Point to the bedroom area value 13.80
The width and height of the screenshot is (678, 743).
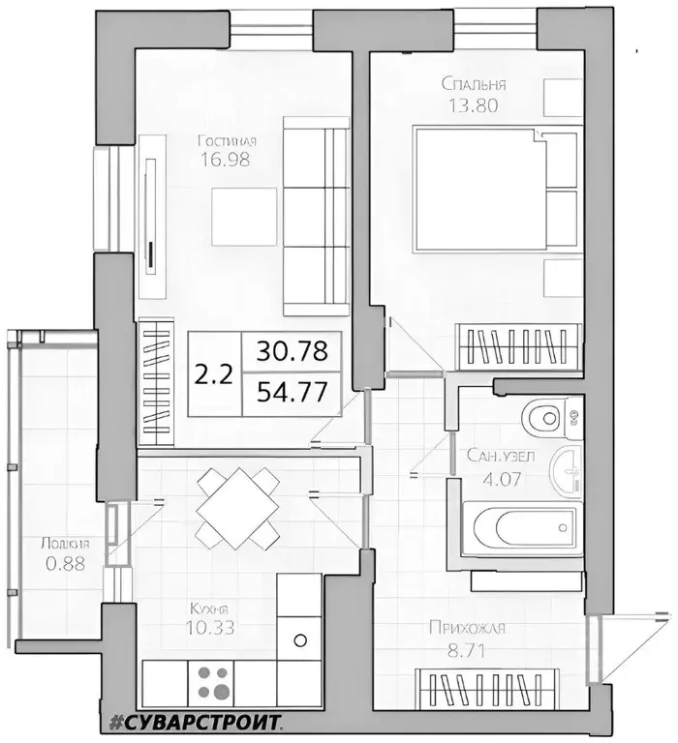click(474, 106)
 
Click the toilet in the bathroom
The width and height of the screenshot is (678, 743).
click(546, 419)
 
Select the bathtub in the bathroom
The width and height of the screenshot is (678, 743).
click(517, 528)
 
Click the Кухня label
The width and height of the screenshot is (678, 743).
click(216, 609)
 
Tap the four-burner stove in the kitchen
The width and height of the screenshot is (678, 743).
click(217, 682)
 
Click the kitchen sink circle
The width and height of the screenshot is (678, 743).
click(299, 639)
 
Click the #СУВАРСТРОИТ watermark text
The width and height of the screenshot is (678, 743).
click(193, 722)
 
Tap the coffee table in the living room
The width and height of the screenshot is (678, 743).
click(243, 215)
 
